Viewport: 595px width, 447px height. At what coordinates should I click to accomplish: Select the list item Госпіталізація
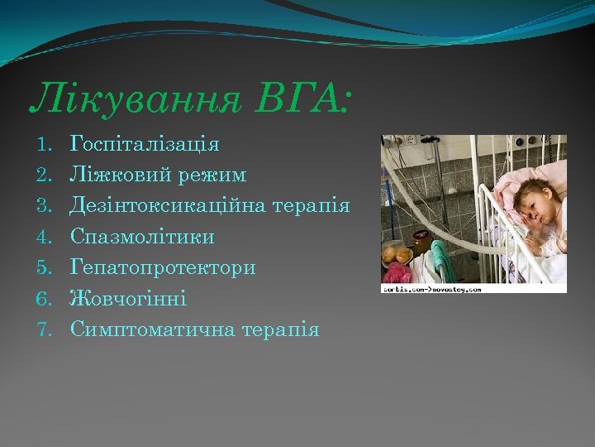tap(145, 145)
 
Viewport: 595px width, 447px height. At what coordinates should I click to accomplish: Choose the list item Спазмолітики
tap(142, 237)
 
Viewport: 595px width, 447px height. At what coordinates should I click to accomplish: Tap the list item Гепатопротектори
tap(163, 267)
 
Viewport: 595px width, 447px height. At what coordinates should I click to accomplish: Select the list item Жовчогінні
tap(128, 298)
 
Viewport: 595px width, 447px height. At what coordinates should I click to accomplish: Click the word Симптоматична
tap(153, 329)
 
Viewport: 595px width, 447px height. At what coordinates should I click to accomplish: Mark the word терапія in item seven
tap(280, 329)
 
